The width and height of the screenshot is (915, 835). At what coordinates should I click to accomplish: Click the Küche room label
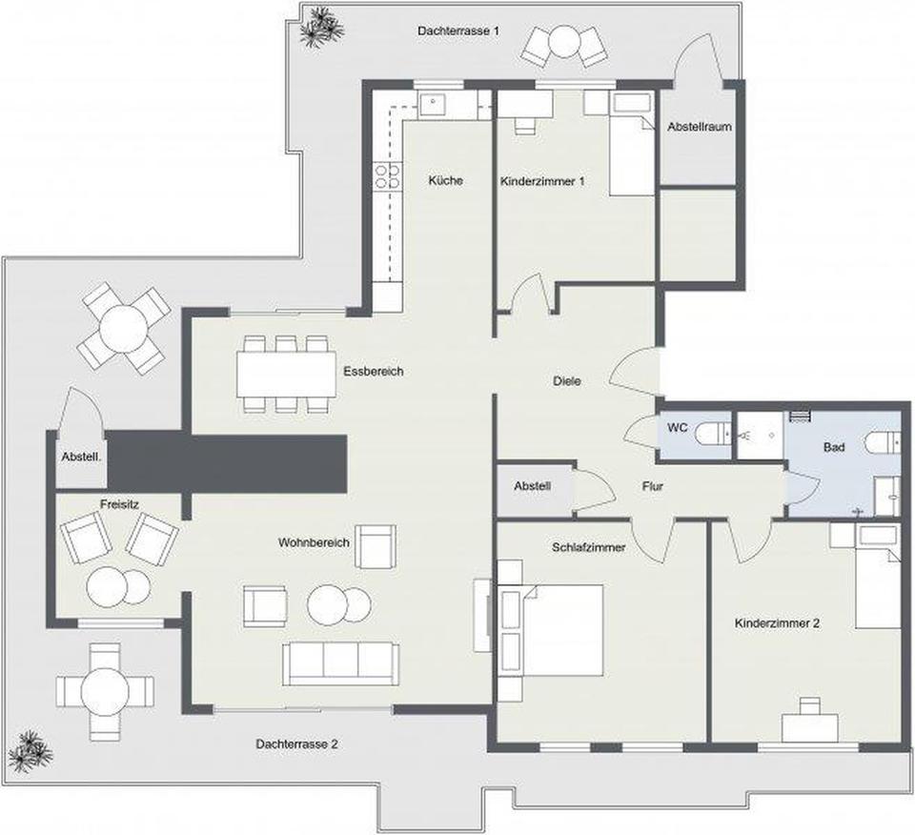click(x=445, y=181)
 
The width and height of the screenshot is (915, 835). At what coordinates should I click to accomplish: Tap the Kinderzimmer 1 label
click(x=542, y=181)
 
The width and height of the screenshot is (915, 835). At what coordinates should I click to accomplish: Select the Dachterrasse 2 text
click(x=296, y=744)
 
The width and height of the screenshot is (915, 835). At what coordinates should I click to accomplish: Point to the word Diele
click(x=566, y=381)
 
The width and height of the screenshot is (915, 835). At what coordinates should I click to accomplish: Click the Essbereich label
click(x=374, y=371)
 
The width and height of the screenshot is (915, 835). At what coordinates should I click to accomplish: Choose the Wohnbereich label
click(x=314, y=542)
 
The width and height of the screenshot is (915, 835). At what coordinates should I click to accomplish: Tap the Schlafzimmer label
click(x=589, y=547)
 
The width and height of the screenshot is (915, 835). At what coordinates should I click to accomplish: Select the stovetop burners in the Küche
click(x=388, y=176)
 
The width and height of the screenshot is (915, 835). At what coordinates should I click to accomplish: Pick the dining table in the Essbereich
click(x=287, y=374)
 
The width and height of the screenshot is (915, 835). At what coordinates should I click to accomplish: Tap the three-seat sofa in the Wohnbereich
click(x=341, y=664)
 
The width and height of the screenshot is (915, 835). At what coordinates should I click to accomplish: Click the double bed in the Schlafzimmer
click(x=552, y=631)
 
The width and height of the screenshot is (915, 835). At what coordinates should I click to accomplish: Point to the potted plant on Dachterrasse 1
click(x=320, y=26)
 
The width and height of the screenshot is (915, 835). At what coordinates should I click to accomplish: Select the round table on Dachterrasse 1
click(x=563, y=41)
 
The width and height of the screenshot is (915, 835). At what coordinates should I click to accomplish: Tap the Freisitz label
click(x=119, y=504)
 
